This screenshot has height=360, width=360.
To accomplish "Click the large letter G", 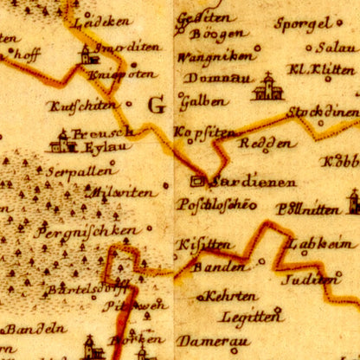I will pos(157,106).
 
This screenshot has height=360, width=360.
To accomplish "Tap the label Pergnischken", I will pos(87,231).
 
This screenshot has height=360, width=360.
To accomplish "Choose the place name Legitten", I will pos(251,317).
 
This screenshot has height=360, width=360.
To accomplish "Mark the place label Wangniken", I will pos(215,56).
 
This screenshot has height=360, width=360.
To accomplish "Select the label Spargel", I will pos(302,23).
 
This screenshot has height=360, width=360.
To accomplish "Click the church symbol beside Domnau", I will pos(268,87).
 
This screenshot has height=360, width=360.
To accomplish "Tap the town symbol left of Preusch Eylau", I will pos(61,140).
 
